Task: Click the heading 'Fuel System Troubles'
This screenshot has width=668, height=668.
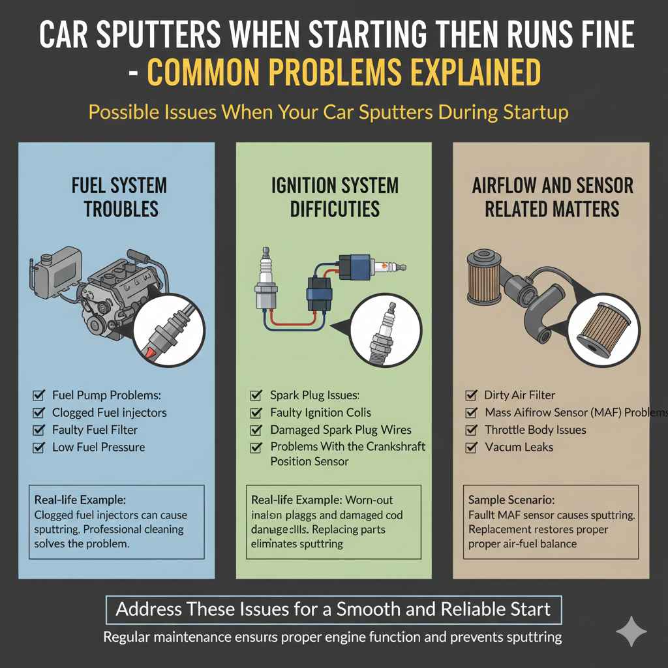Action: click(119, 197)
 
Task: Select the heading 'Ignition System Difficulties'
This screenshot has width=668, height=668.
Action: click(335, 197)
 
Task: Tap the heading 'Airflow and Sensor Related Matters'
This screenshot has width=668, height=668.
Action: click(553, 197)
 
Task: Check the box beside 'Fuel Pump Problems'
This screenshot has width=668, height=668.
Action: click(38, 395)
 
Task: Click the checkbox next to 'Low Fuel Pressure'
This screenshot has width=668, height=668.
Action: click(38, 448)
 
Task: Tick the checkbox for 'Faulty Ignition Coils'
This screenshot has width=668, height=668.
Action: click(256, 413)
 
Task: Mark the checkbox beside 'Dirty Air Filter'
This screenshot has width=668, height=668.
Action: click(471, 395)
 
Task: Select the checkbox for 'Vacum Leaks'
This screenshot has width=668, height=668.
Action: click(471, 448)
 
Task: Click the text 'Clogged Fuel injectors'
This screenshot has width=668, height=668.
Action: click(109, 413)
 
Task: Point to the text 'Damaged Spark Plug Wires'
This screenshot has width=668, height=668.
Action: click(341, 430)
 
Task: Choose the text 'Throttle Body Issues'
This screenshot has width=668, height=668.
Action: click(535, 430)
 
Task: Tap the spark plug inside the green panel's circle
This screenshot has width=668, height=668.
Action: click(382, 330)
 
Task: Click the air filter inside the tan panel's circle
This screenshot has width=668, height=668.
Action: click(598, 329)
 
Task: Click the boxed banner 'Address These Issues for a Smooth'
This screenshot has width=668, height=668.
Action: click(333, 610)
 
